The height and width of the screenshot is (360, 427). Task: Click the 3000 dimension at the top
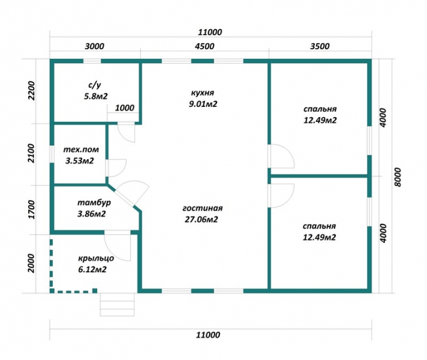pyautogui.click(x=94, y=46)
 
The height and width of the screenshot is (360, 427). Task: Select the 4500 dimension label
pyautogui.click(x=205, y=46)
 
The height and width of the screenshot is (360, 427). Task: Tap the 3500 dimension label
pyautogui.click(x=320, y=46)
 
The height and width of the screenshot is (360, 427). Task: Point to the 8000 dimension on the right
pyautogui.click(x=398, y=177)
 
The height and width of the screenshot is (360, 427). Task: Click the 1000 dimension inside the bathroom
pyautogui.click(x=125, y=108)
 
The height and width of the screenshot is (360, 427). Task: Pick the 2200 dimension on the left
pyautogui.click(x=32, y=91)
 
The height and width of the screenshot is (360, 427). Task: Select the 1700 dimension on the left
pyautogui.click(x=32, y=209)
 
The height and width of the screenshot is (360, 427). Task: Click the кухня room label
pyautogui.click(x=203, y=92)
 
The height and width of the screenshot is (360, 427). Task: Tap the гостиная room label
pyautogui.click(x=202, y=208)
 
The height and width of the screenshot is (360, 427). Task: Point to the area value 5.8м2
pyautogui.click(x=95, y=96)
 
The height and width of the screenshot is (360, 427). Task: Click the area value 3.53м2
pyautogui.click(x=80, y=161)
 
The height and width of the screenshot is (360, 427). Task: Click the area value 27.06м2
pyautogui.click(x=202, y=220)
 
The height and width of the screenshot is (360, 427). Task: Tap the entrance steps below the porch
pyautogui.click(x=117, y=305)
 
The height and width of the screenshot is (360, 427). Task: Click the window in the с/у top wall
pyautogui.click(x=92, y=61)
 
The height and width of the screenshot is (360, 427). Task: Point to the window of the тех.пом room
pyautogui.click(x=52, y=154)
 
